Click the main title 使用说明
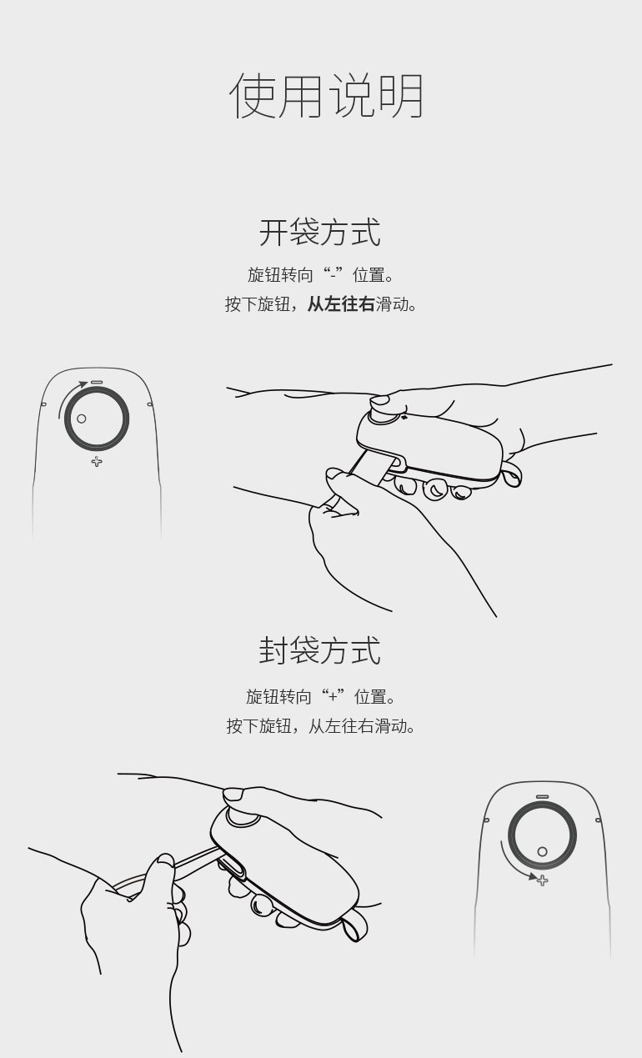pos(326,96)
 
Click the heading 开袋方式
pos(320,232)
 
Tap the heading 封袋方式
pos(320,650)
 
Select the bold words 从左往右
pos(341,304)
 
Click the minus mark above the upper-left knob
pos(97,382)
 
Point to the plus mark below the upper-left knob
pos(97,461)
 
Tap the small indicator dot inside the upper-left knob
pos(81,419)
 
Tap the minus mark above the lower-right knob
pos(542,797)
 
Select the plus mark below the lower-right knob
pos(542,880)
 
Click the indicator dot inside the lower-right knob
pos(542,851)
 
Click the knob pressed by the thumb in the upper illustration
pos(384,416)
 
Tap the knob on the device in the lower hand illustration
pos(242,818)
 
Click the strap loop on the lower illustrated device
pos(354,925)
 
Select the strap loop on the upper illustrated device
pos(511,474)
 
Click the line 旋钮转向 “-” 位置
pos(321,275)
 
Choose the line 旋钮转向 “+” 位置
pos(321,697)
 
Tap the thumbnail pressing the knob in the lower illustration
pos(233,794)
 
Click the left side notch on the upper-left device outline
pos(43,404)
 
